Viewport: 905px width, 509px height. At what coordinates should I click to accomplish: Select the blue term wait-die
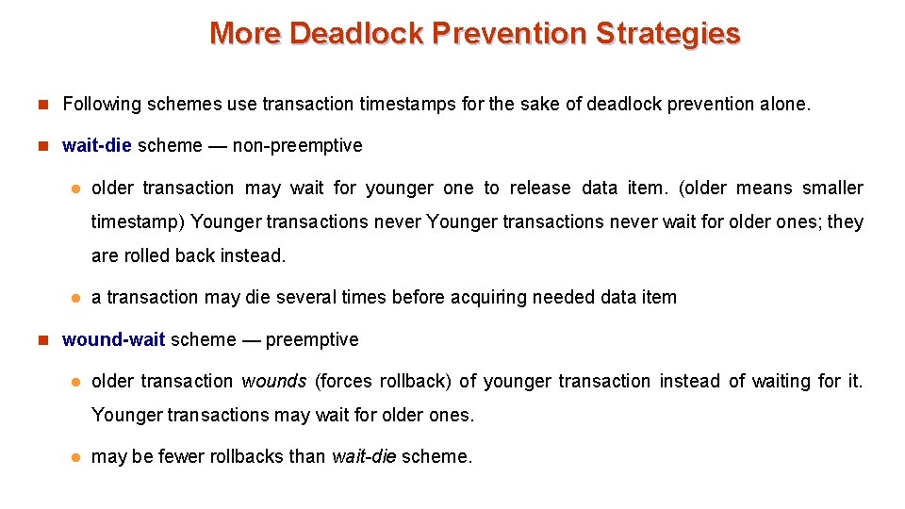tap(97, 145)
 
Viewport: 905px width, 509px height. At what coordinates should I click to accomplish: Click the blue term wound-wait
tap(113, 339)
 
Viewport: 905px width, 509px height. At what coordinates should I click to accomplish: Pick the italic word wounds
tap(274, 381)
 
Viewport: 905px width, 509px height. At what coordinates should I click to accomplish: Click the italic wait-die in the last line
tap(364, 456)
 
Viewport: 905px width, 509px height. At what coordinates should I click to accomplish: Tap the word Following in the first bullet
tap(101, 104)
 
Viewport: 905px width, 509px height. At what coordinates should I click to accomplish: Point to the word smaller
tap(832, 188)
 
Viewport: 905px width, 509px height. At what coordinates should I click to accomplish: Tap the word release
tap(540, 188)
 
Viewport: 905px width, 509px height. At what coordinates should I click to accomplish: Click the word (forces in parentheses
tap(344, 381)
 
